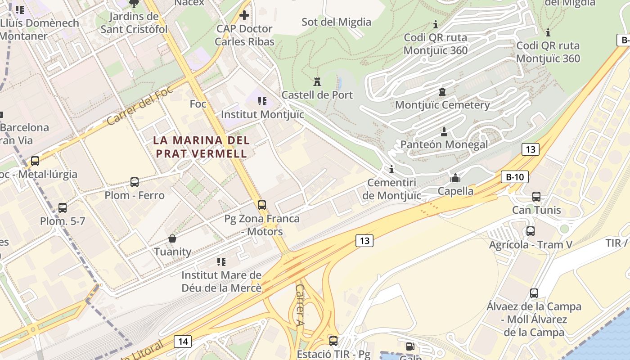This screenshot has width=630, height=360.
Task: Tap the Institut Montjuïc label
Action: (262, 115)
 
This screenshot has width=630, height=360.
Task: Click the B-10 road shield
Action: (514, 177)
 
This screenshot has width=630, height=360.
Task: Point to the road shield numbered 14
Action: (183, 342)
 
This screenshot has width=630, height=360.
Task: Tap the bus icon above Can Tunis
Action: (536, 197)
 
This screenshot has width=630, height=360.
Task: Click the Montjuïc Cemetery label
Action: (442, 105)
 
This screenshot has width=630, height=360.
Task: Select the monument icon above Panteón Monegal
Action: (444, 132)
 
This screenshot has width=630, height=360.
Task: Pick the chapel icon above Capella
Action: (455, 178)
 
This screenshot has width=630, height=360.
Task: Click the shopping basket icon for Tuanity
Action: (172, 238)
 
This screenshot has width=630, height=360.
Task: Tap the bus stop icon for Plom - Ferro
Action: (134, 182)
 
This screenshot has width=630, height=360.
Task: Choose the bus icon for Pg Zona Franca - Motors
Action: (262, 205)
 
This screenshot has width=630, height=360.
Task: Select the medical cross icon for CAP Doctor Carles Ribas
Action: (244, 16)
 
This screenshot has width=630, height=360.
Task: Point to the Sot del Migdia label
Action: (336, 22)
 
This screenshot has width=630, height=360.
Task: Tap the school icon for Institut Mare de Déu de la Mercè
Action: (221, 261)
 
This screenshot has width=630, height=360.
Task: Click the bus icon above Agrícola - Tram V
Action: (531, 231)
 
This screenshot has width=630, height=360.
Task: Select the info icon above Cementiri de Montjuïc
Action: (391, 170)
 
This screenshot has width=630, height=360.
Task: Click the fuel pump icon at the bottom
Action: (410, 346)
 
